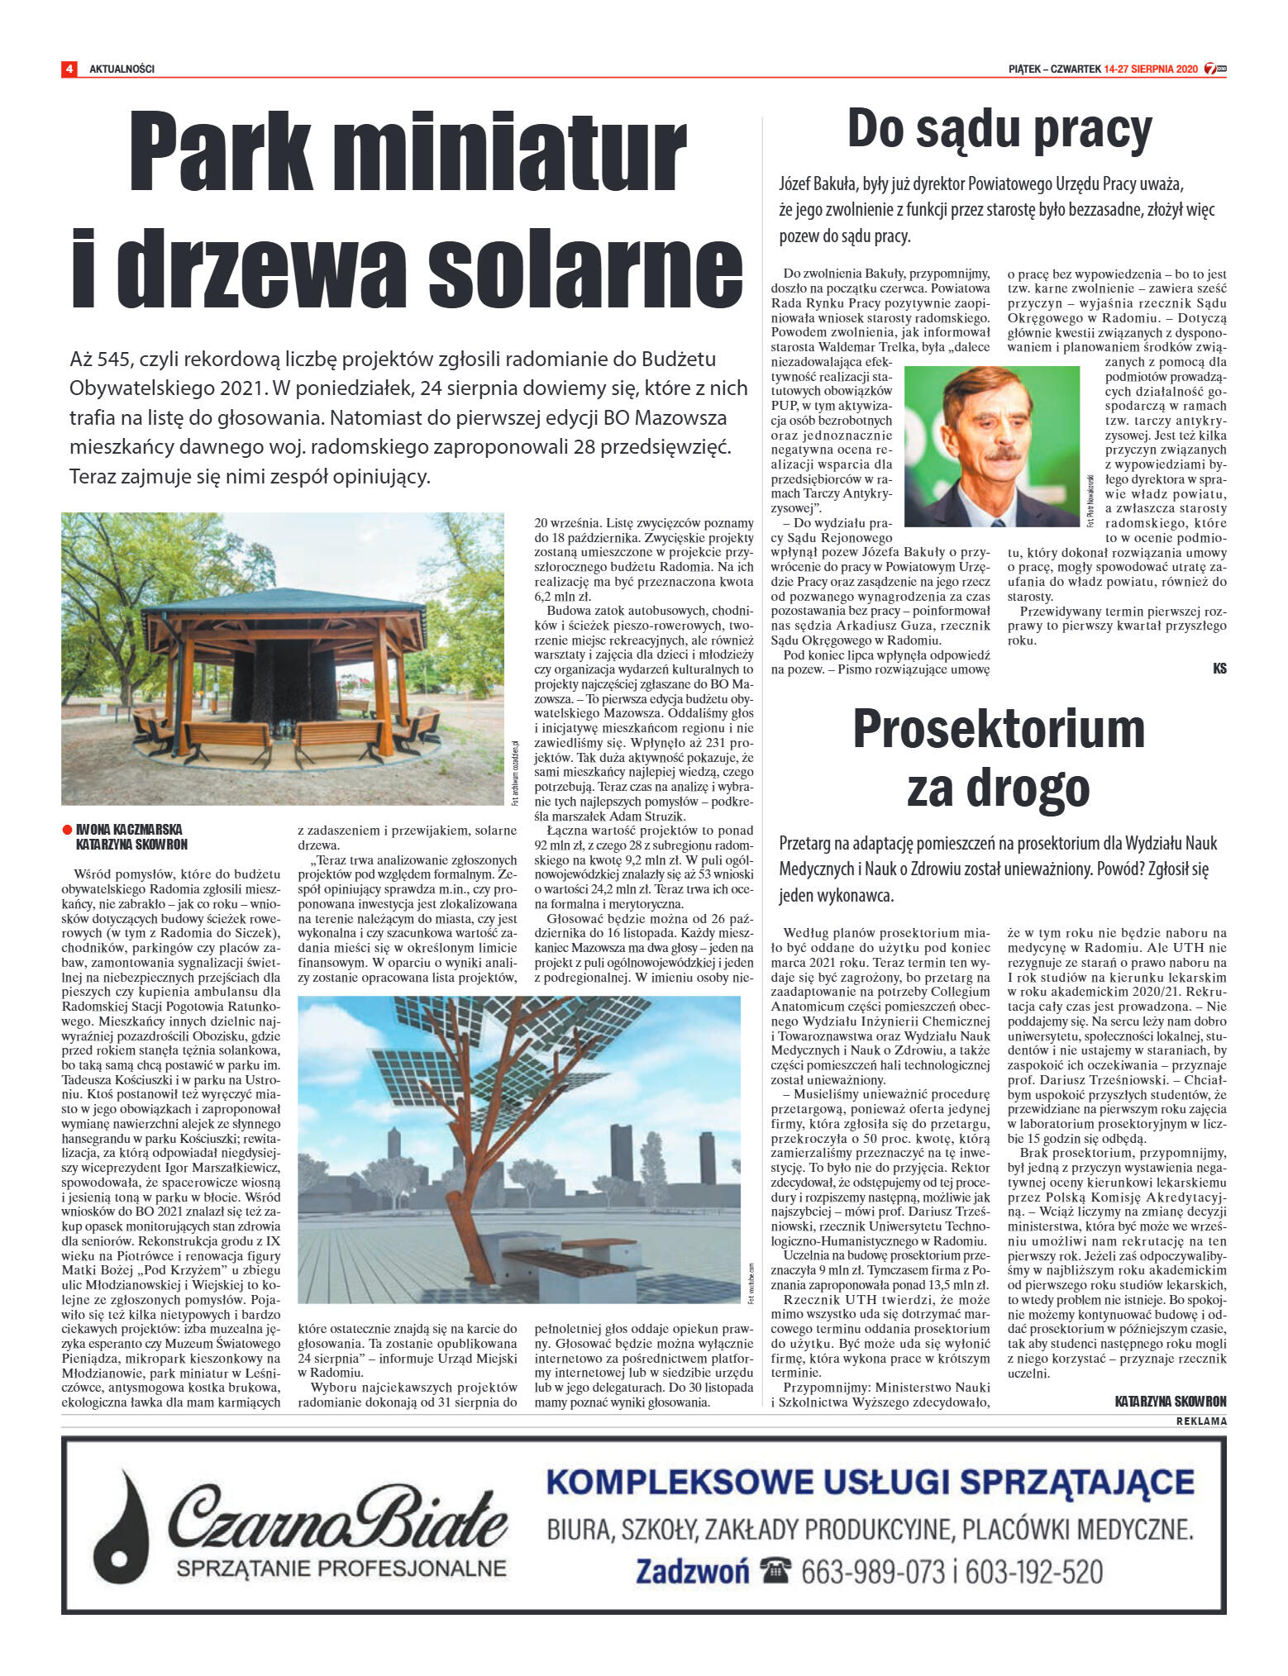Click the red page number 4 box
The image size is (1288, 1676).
tap(69, 69)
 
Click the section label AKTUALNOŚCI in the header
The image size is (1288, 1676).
tap(122, 69)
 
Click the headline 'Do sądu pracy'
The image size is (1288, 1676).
tap(999, 130)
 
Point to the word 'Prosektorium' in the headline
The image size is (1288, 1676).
tap(999, 730)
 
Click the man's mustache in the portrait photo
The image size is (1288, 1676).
tap(996, 454)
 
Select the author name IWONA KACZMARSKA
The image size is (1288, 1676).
tap(129, 829)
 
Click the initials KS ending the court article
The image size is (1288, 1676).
tap(1219, 669)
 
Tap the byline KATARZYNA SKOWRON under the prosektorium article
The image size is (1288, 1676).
tap(1171, 1401)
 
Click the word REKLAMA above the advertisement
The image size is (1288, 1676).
tap(1202, 1421)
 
